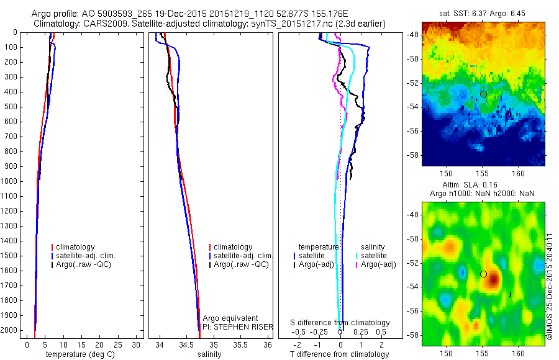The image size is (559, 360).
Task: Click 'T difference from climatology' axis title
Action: click(339, 354)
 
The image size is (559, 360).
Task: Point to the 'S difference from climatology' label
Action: click(340, 323)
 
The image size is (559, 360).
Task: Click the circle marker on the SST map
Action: click(483, 94)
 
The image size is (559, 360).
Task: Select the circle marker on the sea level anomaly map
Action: click(483, 274)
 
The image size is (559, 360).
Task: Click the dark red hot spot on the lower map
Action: click(494, 281)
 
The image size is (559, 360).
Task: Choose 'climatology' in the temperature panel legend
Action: click(76, 247)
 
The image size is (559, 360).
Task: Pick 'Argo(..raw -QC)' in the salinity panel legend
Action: click(241, 264)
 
